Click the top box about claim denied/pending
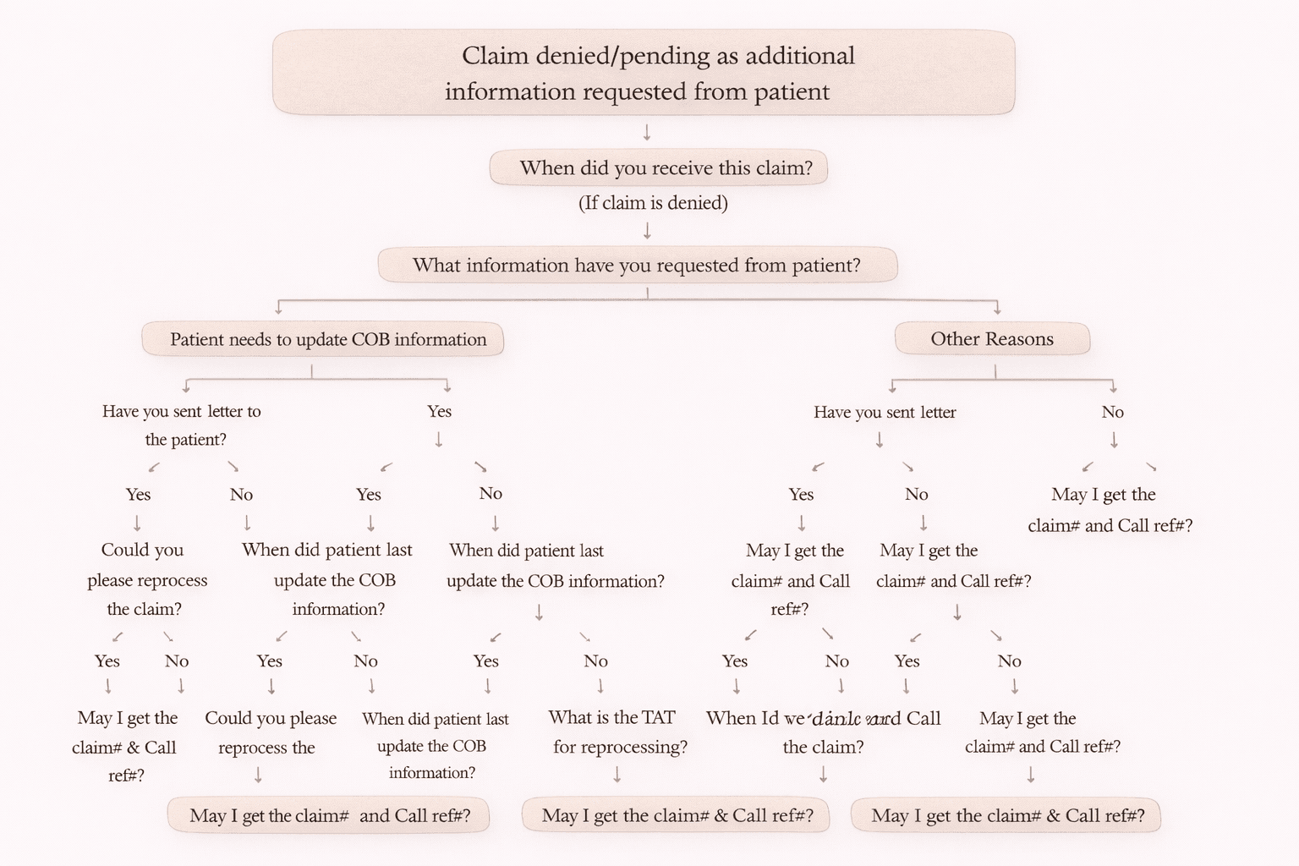[643, 73]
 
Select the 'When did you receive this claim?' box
[658, 168]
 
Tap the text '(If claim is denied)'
[653, 203]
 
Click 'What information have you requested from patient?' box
[637, 266]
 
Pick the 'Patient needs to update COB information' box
[322, 339]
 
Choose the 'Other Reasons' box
[992, 339]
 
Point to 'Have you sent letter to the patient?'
[183, 425]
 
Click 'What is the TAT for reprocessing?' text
[617, 732]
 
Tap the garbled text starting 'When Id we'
[823, 732]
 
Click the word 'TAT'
[658, 718]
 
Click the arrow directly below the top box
[647, 133]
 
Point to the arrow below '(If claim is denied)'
[647, 231]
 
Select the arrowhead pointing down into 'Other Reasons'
[997, 310]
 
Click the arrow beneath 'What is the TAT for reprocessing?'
[617, 774]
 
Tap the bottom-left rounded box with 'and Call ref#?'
[329, 816]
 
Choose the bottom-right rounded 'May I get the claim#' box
[1006, 816]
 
